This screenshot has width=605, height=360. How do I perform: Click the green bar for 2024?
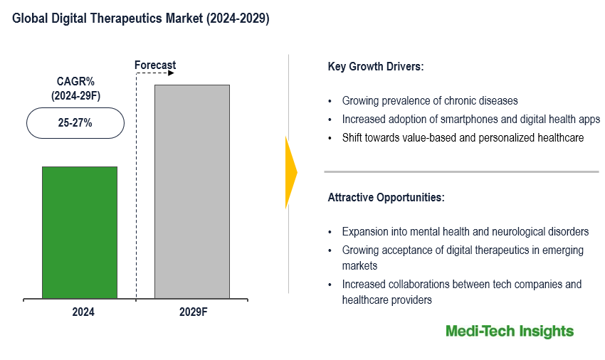(x=79, y=232)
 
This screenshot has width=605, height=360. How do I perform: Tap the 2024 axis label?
(x=83, y=312)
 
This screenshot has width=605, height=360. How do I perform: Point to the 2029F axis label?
(x=192, y=312)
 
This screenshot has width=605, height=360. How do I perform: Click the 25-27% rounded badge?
(x=75, y=123)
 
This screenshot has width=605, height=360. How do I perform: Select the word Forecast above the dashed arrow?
(x=155, y=65)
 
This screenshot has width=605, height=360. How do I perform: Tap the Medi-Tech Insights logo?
(x=509, y=331)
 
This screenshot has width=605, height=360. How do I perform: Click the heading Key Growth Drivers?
(x=376, y=67)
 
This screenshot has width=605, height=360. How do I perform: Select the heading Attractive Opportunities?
(x=386, y=198)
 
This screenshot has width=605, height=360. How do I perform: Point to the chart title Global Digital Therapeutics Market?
(x=141, y=19)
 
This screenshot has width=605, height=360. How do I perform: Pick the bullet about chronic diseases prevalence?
(x=429, y=100)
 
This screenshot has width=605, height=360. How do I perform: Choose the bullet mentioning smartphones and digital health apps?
(x=470, y=119)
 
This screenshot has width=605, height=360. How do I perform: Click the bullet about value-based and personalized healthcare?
(x=463, y=137)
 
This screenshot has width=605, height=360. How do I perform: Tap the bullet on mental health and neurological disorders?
(x=465, y=231)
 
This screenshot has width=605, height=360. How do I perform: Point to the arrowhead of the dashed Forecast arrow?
(x=173, y=74)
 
